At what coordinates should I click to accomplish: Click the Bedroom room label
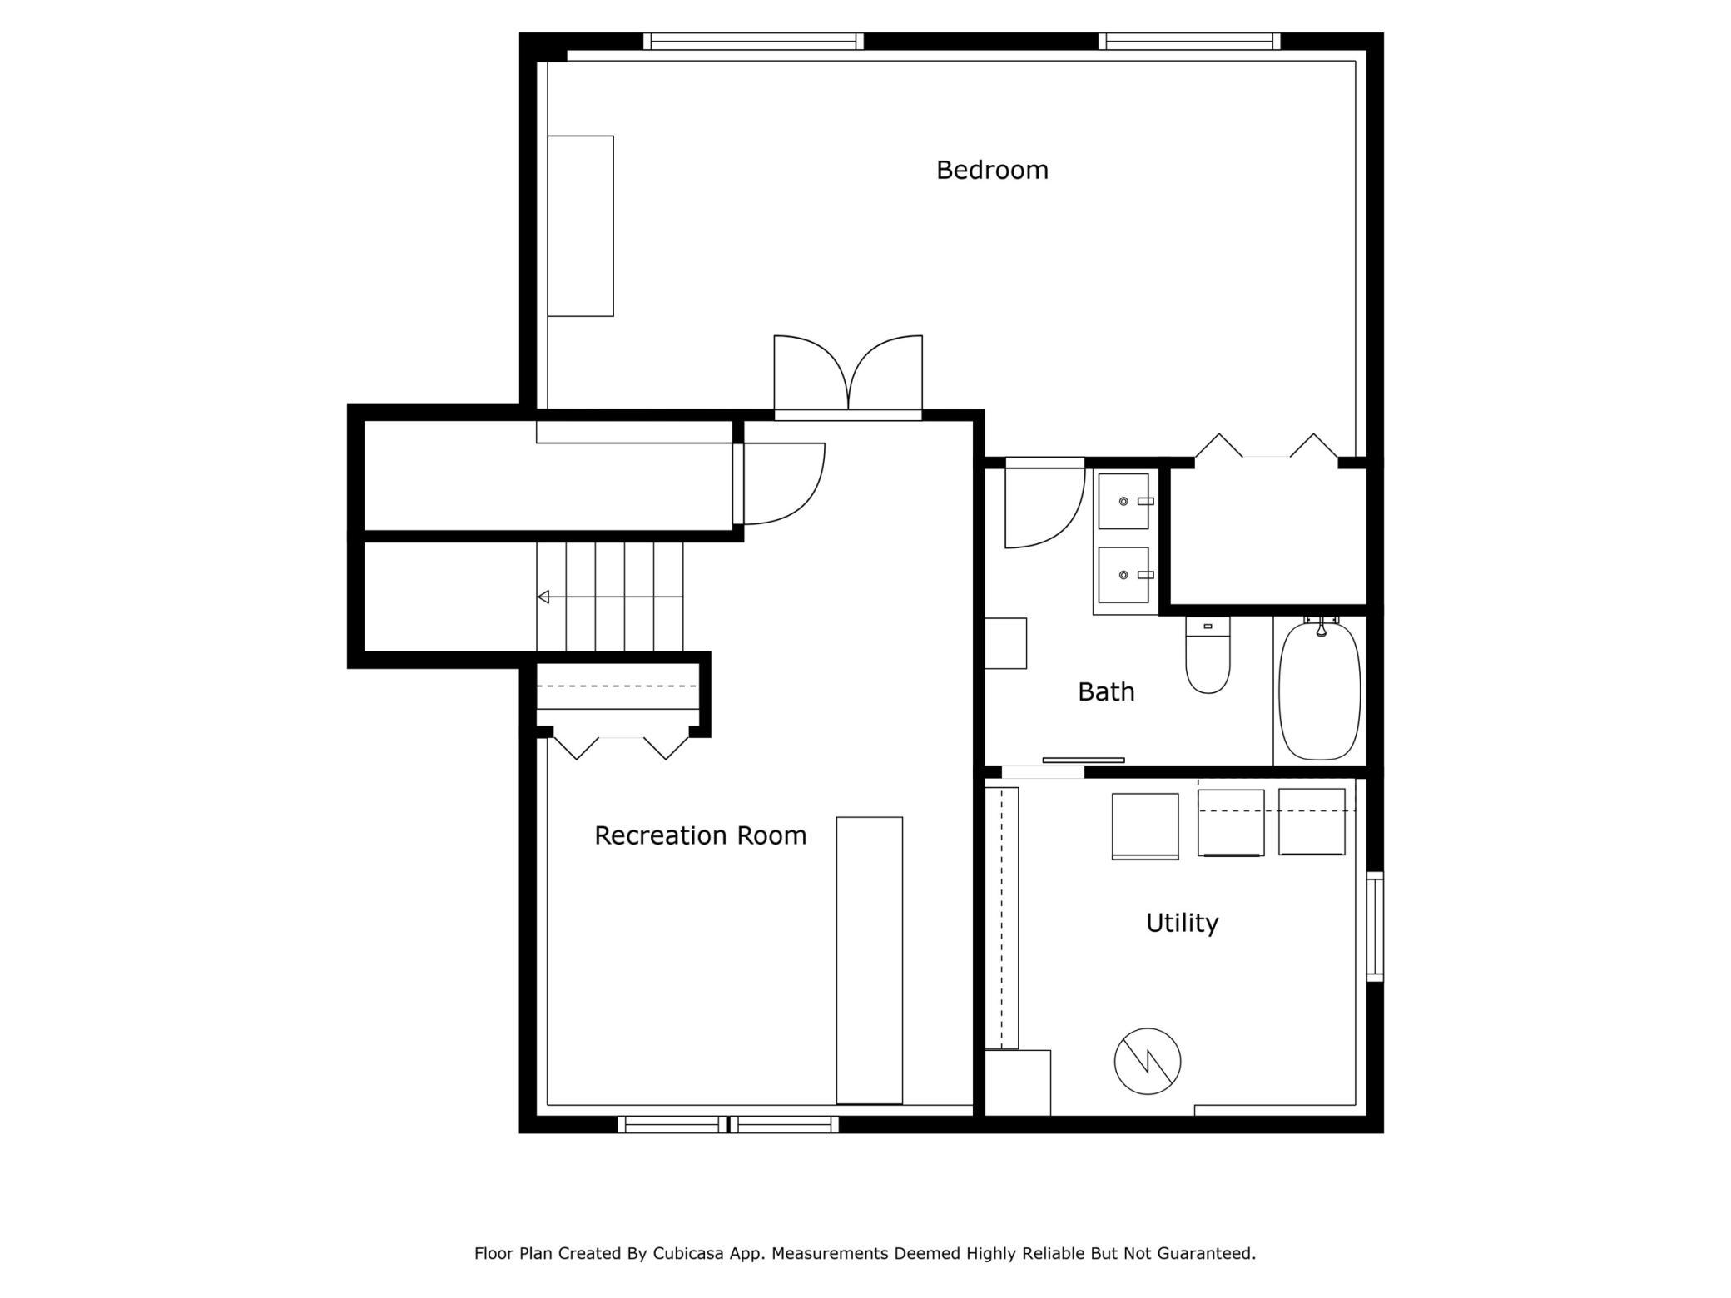pos(991,170)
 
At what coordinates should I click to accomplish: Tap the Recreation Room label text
pos(700,835)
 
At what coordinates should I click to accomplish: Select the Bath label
pos(1105,691)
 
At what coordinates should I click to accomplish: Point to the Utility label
pos(1182,923)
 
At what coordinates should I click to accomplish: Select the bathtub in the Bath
pos(1319,691)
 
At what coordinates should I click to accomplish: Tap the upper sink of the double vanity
pos(1123,501)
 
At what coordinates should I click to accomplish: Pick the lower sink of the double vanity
pos(1123,575)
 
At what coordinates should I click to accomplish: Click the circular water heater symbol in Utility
pos(1147,1061)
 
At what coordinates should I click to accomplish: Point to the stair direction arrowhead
pos(543,597)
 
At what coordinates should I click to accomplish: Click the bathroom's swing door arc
pos(1044,508)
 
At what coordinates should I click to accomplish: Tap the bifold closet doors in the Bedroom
pos(1266,448)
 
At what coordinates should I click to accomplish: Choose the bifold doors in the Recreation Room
pos(621,747)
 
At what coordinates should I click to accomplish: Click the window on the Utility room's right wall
pos(1375,926)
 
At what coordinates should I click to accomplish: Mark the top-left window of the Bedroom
pos(753,42)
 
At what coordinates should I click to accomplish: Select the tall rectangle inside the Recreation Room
pos(869,960)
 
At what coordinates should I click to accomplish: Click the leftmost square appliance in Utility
pos(1144,825)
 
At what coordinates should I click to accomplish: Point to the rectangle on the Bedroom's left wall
pos(580,226)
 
